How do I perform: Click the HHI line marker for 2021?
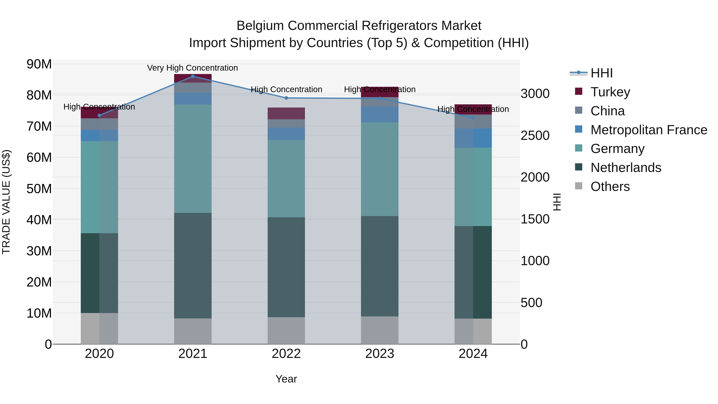coord(193,76)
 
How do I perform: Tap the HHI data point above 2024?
coord(473,118)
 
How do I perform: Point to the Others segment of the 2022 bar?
coord(286,330)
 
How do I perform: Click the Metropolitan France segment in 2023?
coord(380,114)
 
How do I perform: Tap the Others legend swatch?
coord(579,186)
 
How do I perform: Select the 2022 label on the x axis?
coord(286,354)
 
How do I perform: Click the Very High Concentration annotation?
coord(193,68)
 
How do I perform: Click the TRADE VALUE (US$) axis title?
coord(6,202)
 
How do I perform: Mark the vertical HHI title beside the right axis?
coord(557,202)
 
